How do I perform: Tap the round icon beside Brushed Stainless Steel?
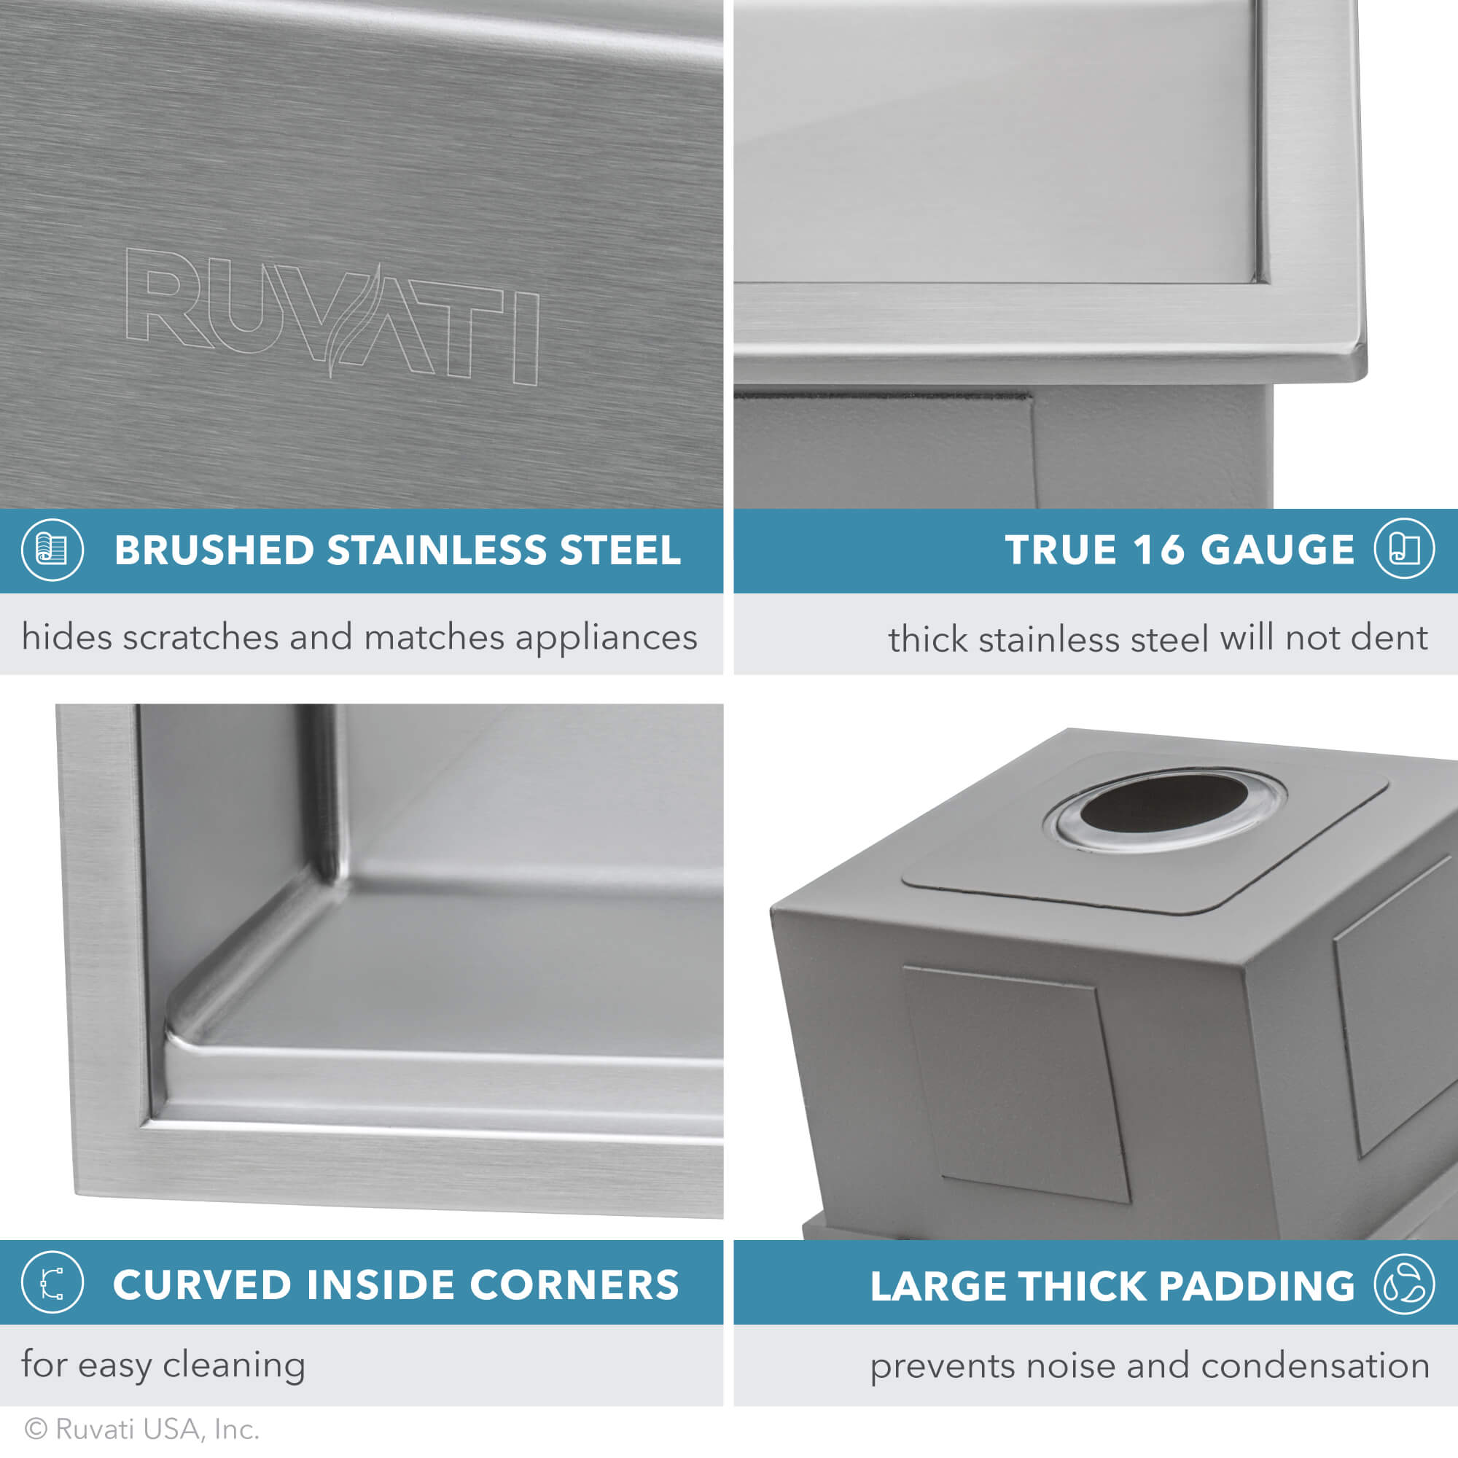point(52,550)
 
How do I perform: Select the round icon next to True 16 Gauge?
point(1403,549)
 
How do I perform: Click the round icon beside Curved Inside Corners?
point(52,1282)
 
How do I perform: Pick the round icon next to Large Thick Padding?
point(1403,1284)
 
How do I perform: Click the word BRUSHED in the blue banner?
point(214,550)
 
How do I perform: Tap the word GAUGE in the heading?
point(1277,550)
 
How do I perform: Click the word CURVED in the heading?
point(202,1284)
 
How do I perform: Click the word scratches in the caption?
point(200,637)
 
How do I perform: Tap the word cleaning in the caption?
point(234,1365)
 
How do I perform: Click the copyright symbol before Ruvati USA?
point(36,1428)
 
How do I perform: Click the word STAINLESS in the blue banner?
point(436,550)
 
